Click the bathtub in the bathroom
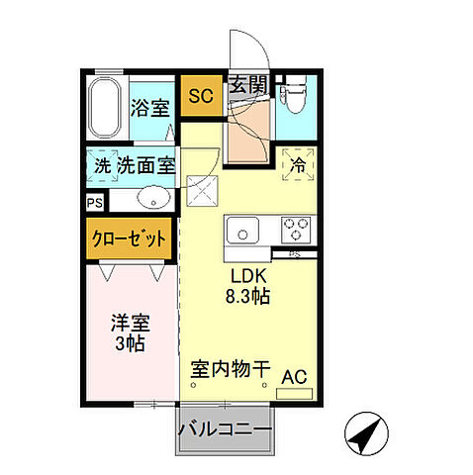click(105, 110)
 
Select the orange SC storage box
click(201, 96)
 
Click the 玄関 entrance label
click(247, 86)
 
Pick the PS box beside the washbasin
click(94, 203)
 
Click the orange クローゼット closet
click(130, 239)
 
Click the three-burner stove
click(295, 230)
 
